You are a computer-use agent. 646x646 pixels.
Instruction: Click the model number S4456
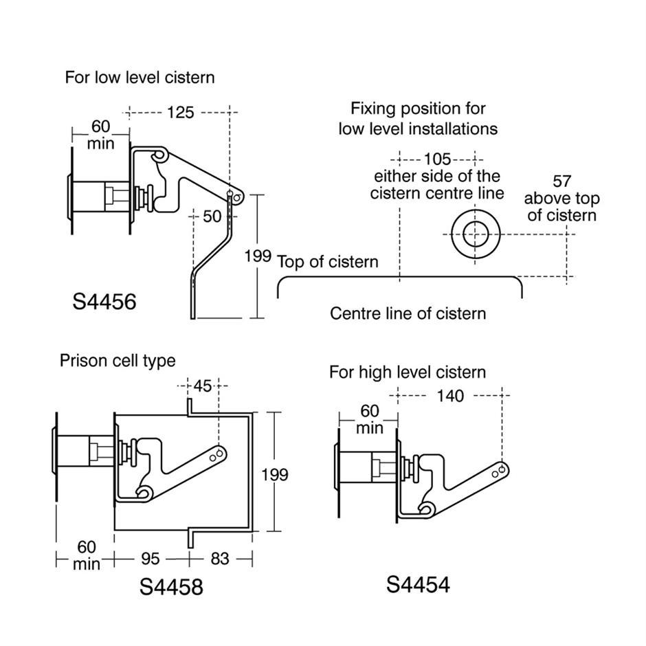click(x=104, y=301)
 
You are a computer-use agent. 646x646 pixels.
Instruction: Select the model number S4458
click(x=171, y=587)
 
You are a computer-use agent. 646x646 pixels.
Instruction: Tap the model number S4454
click(x=418, y=584)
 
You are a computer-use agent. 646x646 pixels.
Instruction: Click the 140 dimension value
click(x=449, y=396)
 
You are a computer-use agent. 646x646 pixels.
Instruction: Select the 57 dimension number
click(x=561, y=181)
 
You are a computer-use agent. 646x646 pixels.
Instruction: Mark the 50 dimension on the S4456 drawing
click(x=212, y=216)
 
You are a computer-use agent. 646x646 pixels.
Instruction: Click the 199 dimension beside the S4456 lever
click(x=258, y=256)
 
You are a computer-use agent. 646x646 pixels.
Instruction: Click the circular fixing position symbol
click(x=473, y=235)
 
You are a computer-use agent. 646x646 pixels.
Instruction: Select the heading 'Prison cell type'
click(x=118, y=360)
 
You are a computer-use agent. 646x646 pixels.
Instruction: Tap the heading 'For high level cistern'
click(x=407, y=372)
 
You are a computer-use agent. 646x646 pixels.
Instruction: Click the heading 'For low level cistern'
click(x=140, y=77)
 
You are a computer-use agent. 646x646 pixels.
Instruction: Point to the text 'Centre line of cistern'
click(x=408, y=314)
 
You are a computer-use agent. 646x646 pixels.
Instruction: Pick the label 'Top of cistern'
click(x=328, y=262)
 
